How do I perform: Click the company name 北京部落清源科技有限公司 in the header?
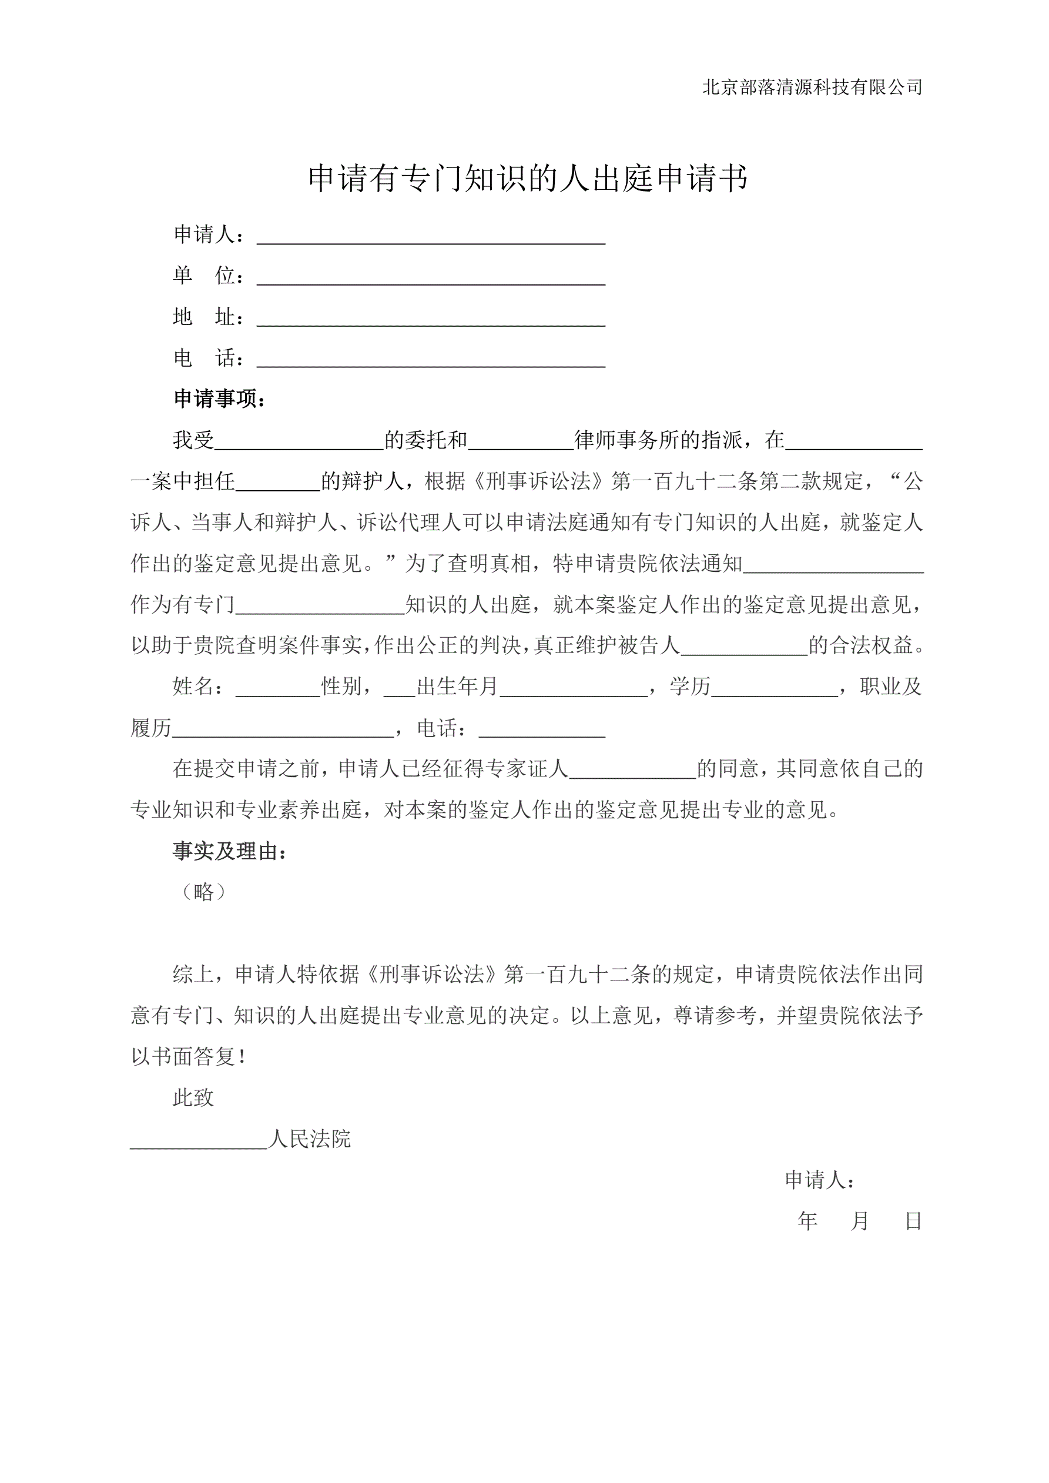click(812, 87)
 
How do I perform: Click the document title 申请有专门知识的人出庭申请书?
click(528, 178)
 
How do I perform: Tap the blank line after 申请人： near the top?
click(431, 236)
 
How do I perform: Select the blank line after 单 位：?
click(431, 278)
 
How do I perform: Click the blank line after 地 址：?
click(431, 319)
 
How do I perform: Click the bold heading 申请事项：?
click(220, 399)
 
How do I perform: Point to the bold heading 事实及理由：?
click(229, 852)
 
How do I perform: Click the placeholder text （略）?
click(203, 893)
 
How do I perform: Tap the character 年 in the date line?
click(807, 1221)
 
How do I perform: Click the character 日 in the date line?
click(913, 1221)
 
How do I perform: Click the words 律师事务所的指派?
click(658, 440)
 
